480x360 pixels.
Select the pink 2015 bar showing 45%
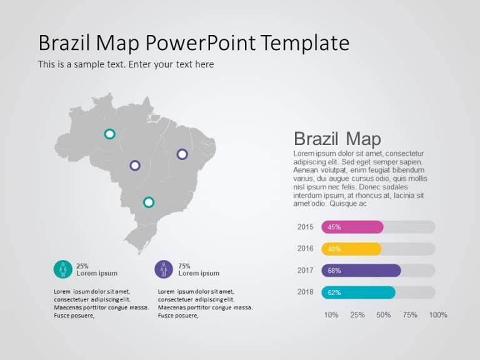(352, 227)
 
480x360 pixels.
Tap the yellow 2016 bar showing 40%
(351, 249)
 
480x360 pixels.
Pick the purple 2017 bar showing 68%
(361, 271)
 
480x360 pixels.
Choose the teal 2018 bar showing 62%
(358, 292)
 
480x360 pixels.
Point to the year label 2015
(306, 227)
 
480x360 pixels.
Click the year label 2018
(306, 292)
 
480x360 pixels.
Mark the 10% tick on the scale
(331, 314)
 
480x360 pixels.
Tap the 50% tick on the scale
(384, 314)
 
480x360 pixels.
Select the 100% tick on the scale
(438, 314)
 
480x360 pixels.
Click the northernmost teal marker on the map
(109, 134)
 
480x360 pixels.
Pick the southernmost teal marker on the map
(149, 202)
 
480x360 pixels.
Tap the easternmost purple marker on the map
(182, 154)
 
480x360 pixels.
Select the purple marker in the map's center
(135, 166)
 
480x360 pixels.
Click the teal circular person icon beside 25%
(62, 269)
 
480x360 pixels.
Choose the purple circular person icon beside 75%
(164, 269)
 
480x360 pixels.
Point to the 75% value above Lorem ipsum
(184, 266)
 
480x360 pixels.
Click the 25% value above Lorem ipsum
(82, 266)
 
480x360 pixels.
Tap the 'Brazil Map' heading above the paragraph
(337, 139)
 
